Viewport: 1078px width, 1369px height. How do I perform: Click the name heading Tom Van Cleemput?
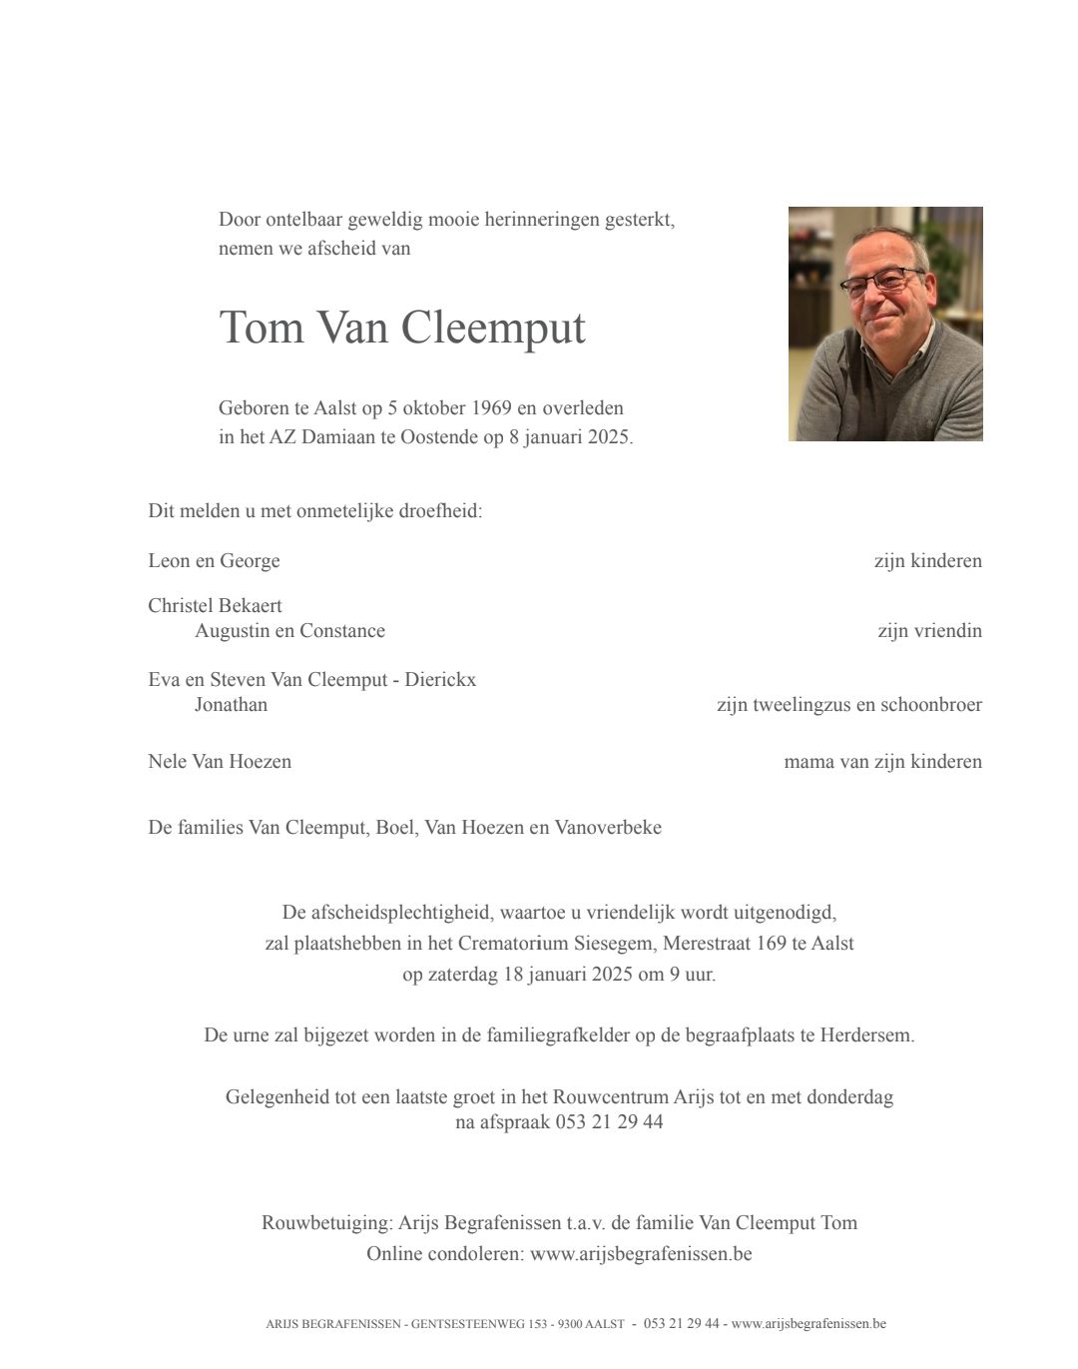(x=401, y=328)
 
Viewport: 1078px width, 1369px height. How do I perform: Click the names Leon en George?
(x=214, y=561)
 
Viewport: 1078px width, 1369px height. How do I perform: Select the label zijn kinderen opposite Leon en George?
(x=927, y=561)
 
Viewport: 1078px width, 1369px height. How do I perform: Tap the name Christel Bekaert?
(x=215, y=606)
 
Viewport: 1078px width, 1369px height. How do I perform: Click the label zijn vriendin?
(x=929, y=631)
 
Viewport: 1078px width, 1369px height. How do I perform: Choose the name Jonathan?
(x=231, y=705)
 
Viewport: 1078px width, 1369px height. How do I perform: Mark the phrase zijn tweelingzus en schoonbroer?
(x=848, y=705)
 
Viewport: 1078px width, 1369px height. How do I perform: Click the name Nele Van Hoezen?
(x=220, y=762)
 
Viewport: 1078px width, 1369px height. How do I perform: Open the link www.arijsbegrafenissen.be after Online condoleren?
(x=640, y=1253)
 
